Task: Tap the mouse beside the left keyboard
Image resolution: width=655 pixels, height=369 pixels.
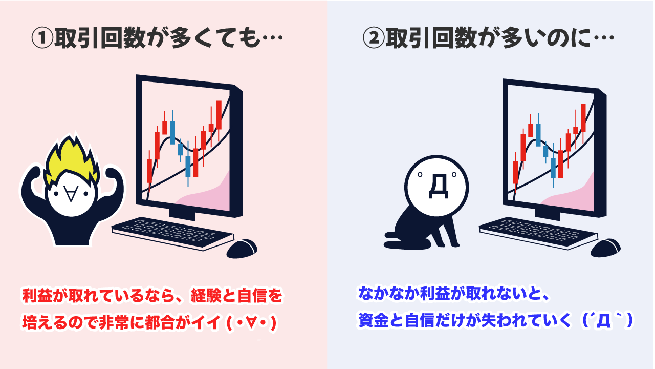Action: coord(242,248)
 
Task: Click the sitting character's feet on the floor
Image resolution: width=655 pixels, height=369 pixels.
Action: coord(397,236)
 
